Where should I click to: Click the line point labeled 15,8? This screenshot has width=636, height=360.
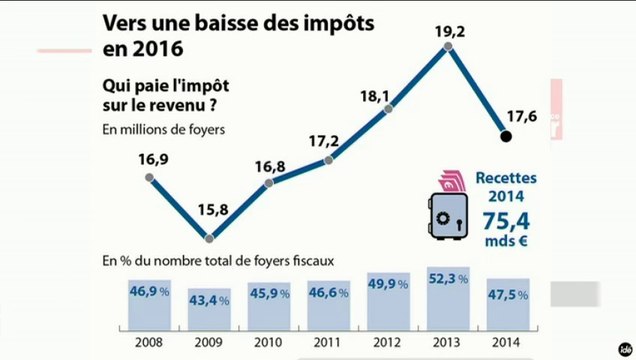pyautogui.click(x=209, y=238)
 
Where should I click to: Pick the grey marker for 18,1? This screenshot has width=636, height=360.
pyautogui.click(x=388, y=109)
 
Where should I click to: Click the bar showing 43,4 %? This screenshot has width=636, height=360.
pyautogui.click(x=208, y=307)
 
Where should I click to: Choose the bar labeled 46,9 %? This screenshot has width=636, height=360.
pyautogui.click(x=149, y=303)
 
